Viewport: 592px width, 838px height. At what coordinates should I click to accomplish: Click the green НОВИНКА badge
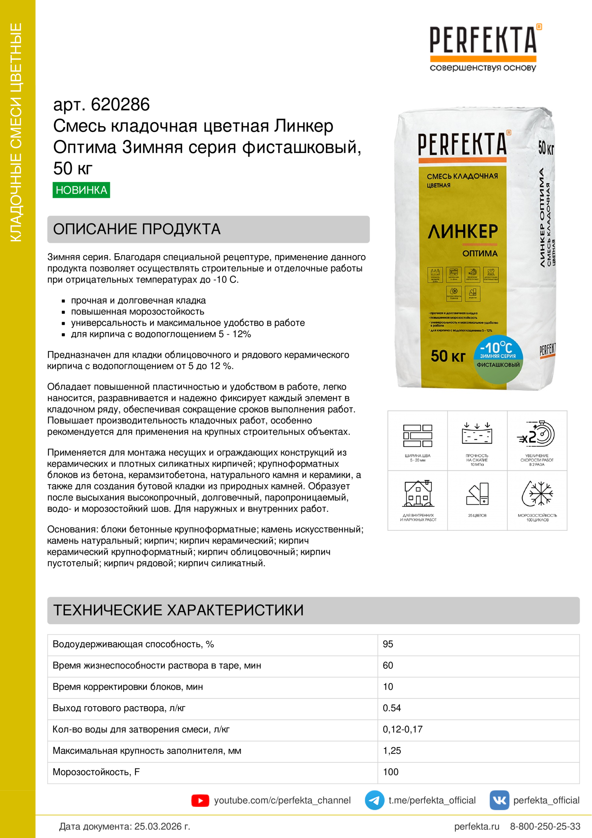81,190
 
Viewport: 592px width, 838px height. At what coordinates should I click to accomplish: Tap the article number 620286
120,105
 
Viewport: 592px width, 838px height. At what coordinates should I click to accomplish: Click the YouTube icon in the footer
200,800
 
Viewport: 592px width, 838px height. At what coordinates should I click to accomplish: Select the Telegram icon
374,800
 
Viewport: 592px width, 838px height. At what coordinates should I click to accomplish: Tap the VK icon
499,800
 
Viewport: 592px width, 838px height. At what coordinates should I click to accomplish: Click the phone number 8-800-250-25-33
545,826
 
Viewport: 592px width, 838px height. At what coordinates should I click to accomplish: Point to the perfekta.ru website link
476,826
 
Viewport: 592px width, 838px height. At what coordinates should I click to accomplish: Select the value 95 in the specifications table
388,644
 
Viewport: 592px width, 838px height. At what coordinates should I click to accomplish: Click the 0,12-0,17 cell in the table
402,729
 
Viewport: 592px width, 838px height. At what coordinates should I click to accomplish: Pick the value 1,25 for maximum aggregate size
392,751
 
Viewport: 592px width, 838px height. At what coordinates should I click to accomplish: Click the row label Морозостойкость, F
96,772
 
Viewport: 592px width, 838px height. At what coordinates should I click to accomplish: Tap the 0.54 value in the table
392,708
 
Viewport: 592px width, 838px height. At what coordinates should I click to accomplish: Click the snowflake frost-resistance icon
537,494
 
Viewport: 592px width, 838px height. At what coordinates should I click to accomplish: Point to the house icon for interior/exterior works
418,494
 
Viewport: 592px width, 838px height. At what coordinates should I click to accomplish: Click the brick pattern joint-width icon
418,435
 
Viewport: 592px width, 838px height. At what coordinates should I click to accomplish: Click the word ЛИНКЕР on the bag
462,231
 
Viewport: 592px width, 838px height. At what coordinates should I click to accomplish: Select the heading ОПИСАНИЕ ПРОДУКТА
137,229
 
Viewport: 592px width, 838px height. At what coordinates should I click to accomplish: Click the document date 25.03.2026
162,826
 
